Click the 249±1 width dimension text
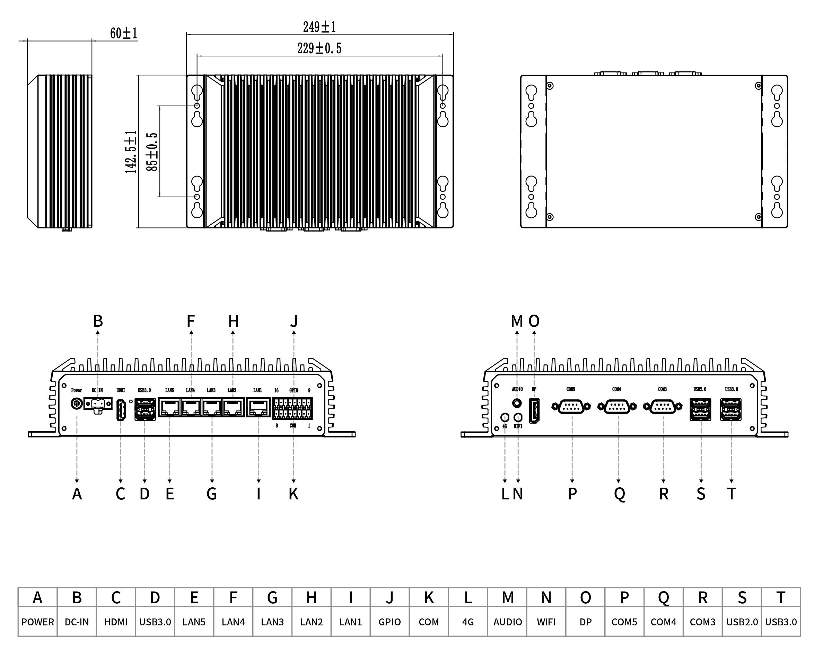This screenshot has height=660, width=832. point(319,27)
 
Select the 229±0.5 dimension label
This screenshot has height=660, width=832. point(319,48)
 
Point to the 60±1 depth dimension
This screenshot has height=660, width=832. point(123,34)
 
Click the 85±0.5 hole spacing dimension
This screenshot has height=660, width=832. point(152,152)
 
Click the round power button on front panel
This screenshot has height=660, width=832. point(77,404)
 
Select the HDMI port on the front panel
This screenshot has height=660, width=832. point(121,410)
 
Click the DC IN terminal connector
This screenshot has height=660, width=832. point(98,404)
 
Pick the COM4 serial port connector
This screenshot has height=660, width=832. point(617,406)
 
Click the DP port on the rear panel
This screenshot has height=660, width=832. point(534,410)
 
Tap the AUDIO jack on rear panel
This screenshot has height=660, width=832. point(517,403)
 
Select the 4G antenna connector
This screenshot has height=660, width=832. point(505,417)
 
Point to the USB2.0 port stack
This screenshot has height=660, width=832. point(700,409)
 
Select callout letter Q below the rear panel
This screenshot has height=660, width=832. point(619,494)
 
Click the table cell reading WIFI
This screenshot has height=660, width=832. point(546,622)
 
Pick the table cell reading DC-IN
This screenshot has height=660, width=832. point(77,622)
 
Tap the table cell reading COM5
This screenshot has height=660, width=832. point(624,622)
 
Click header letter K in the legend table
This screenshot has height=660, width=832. point(429,598)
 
